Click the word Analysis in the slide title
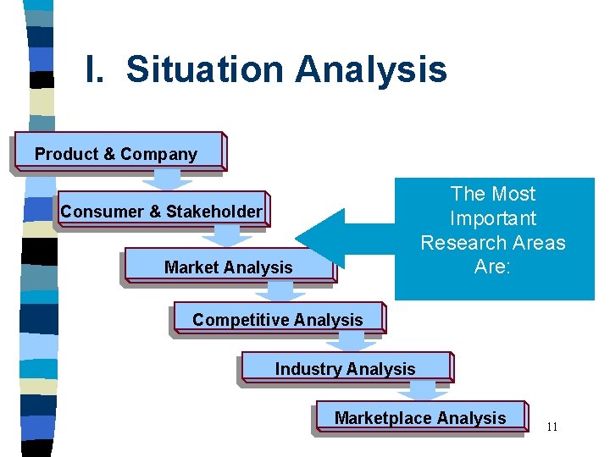(371, 69)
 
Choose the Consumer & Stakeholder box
(160, 211)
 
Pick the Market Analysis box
(228, 267)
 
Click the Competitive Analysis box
(278, 319)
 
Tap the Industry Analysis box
(346, 368)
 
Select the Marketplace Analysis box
(420, 417)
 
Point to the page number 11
(552, 427)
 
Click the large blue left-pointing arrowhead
(322, 239)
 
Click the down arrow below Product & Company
(167, 180)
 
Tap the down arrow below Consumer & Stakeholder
(226, 236)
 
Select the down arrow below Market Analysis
(280, 292)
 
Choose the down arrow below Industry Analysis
(423, 390)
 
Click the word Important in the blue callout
(493, 218)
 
